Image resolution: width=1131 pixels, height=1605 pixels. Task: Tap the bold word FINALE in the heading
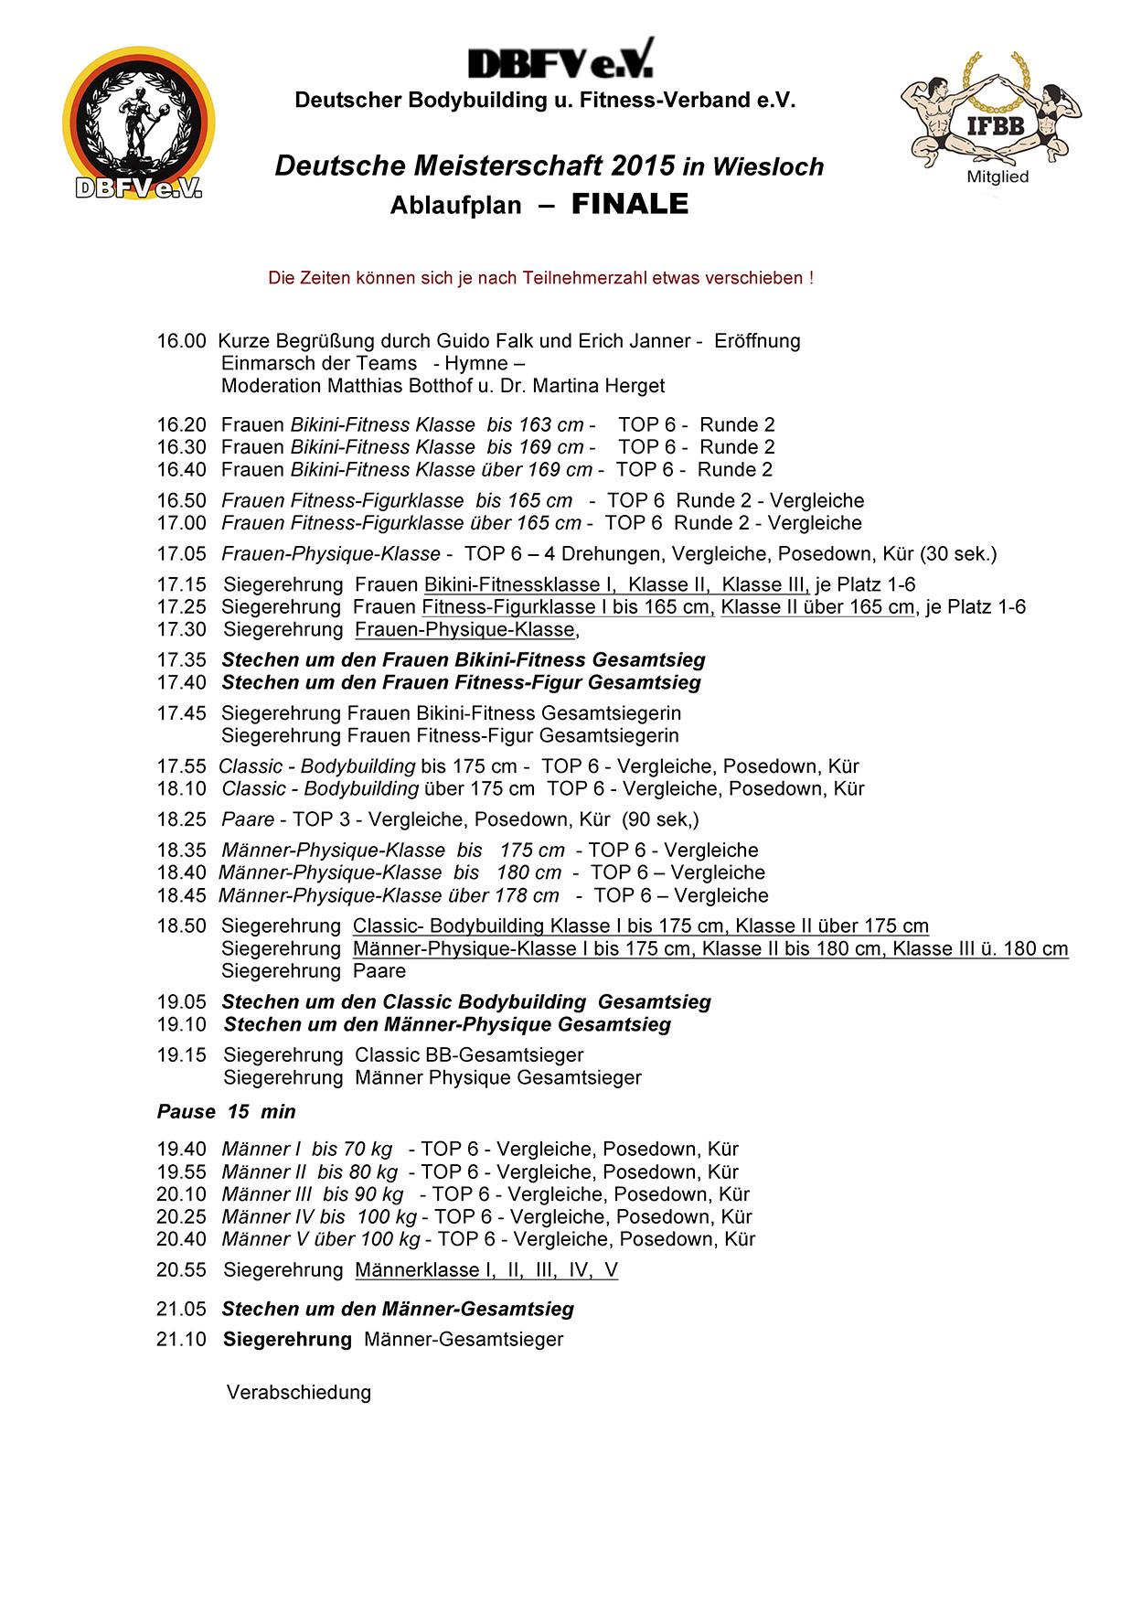coord(629,204)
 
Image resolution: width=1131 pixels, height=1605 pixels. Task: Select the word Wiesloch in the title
coord(768,166)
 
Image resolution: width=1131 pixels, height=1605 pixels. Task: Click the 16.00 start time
coord(181,341)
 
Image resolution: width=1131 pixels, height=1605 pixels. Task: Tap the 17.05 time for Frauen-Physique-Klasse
coord(181,554)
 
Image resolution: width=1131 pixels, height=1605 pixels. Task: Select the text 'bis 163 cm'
coord(535,425)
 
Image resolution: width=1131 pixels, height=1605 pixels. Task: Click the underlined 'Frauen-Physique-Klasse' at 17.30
coord(464,630)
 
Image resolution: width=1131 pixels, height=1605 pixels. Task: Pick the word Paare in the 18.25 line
coord(248,819)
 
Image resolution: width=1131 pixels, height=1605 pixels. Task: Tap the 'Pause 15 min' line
coord(226,1112)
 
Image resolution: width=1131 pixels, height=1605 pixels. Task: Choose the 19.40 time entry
coord(181,1150)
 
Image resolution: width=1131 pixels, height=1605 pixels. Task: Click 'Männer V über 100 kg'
coord(320,1239)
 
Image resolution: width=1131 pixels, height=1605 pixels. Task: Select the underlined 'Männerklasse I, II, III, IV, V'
coord(485,1270)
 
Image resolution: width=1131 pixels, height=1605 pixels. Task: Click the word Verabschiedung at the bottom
coord(299,1393)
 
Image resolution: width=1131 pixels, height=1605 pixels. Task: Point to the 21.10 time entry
coord(181,1340)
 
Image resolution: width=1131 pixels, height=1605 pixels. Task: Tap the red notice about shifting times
coord(540,278)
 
